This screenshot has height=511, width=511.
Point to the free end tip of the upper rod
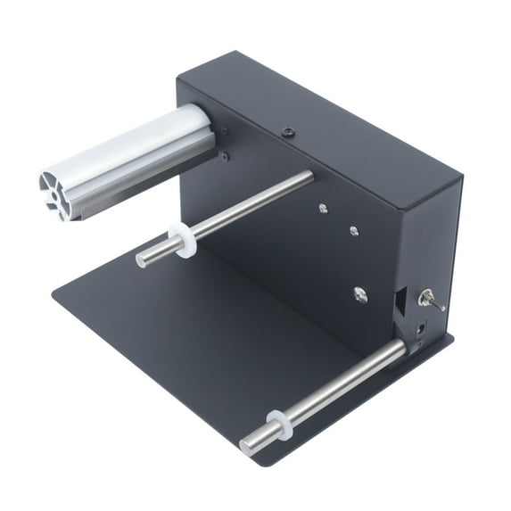pyautogui.click(x=141, y=260)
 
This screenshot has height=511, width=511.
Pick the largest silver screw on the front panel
pyautogui.click(x=360, y=293)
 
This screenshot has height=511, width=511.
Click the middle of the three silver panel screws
pyautogui.click(x=354, y=230)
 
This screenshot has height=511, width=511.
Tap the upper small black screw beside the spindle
pyautogui.click(x=224, y=131)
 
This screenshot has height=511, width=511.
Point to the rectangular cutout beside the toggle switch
pyautogui.click(x=402, y=303)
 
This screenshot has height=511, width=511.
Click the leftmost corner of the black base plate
pyautogui.click(x=54, y=295)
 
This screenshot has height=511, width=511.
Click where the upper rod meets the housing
pyautogui.click(x=309, y=177)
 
